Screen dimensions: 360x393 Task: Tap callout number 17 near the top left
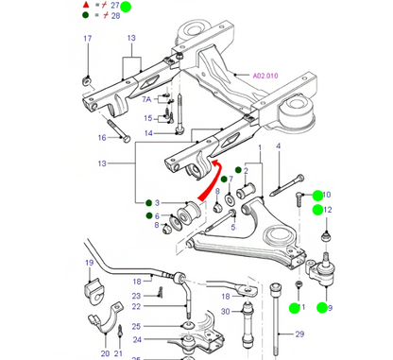87,38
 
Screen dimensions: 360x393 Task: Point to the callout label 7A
146,97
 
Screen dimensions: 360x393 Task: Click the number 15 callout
148,118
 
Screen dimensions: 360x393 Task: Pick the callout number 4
280,146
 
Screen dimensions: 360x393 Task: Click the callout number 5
231,214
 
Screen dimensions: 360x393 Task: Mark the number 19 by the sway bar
88,262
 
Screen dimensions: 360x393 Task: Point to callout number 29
299,334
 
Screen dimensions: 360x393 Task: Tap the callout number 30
225,312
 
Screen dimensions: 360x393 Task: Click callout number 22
137,306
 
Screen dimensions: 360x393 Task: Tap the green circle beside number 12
318,210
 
